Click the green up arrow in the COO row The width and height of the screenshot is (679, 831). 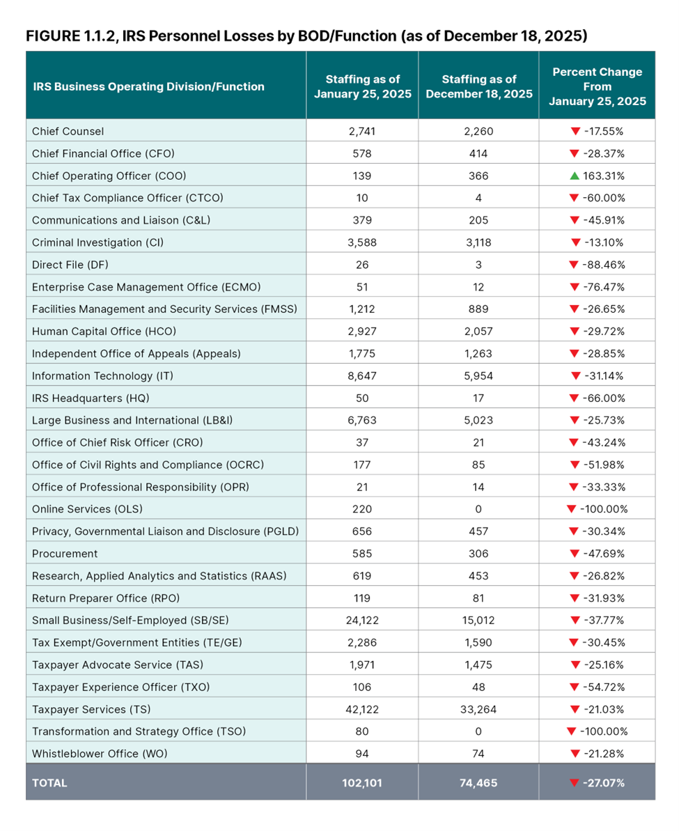[575, 176]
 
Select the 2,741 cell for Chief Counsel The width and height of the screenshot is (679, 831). [361, 131]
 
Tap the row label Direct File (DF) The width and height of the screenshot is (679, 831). [70, 265]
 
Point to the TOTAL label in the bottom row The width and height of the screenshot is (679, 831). [49, 782]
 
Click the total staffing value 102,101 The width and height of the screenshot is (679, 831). [361, 782]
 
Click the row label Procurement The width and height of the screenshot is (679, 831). [65, 553]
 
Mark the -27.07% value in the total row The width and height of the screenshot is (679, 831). [603, 782]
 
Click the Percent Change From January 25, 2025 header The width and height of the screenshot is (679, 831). [597, 86]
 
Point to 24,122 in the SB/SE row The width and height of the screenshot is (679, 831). [361, 620]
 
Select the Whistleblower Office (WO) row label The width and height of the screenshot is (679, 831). [100, 754]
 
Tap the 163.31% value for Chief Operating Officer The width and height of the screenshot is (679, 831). [603, 176]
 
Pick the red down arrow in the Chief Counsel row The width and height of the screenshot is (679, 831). [575, 131]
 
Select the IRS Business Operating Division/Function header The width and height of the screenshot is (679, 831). [148, 86]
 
